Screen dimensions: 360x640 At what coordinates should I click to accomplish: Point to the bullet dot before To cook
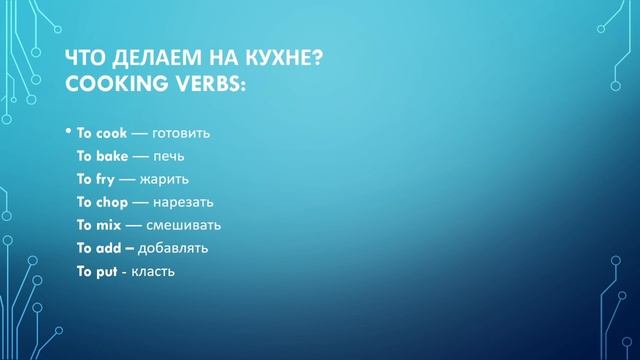[x=68, y=131]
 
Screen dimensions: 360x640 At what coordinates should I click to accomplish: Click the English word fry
[x=105, y=179]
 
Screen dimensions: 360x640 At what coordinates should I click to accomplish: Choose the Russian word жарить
[x=171, y=179]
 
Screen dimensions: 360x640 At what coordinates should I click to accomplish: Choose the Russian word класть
[x=153, y=271]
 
